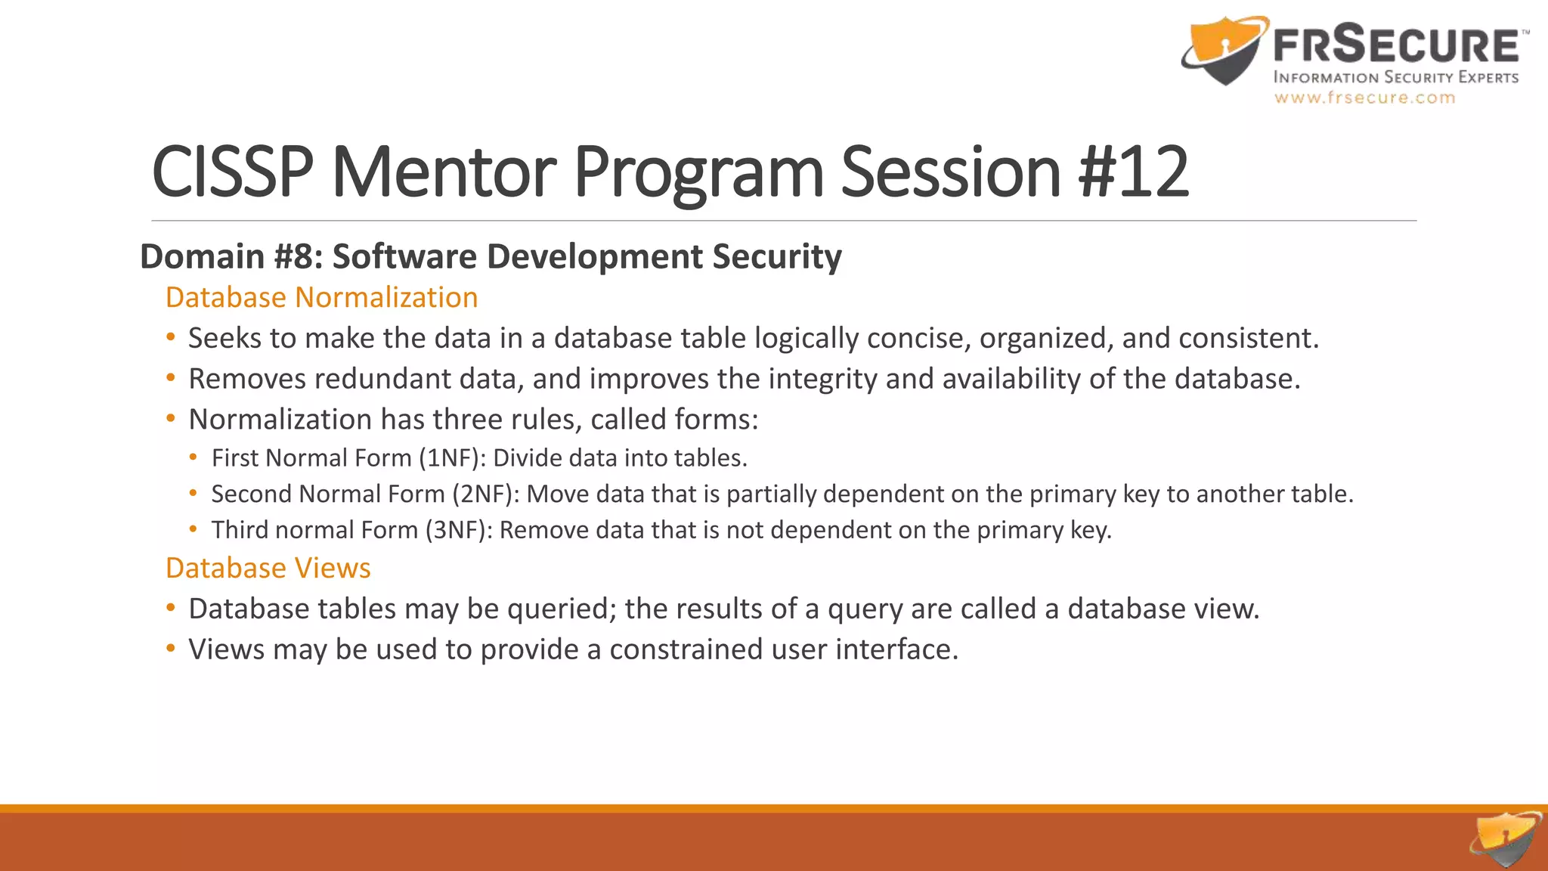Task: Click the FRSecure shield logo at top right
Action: pyautogui.click(x=1223, y=51)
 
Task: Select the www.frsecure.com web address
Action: pyautogui.click(x=1364, y=98)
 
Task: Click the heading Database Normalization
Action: pyautogui.click(x=321, y=297)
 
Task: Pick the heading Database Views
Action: pyautogui.click(x=268, y=568)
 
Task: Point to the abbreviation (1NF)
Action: pyautogui.click(x=452, y=458)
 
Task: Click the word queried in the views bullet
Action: pyautogui.click(x=562, y=609)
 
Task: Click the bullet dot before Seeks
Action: pyautogui.click(x=171, y=337)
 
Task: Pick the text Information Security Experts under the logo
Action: pyautogui.click(x=1395, y=77)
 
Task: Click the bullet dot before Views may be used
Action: pyautogui.click(x=171, y=649)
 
